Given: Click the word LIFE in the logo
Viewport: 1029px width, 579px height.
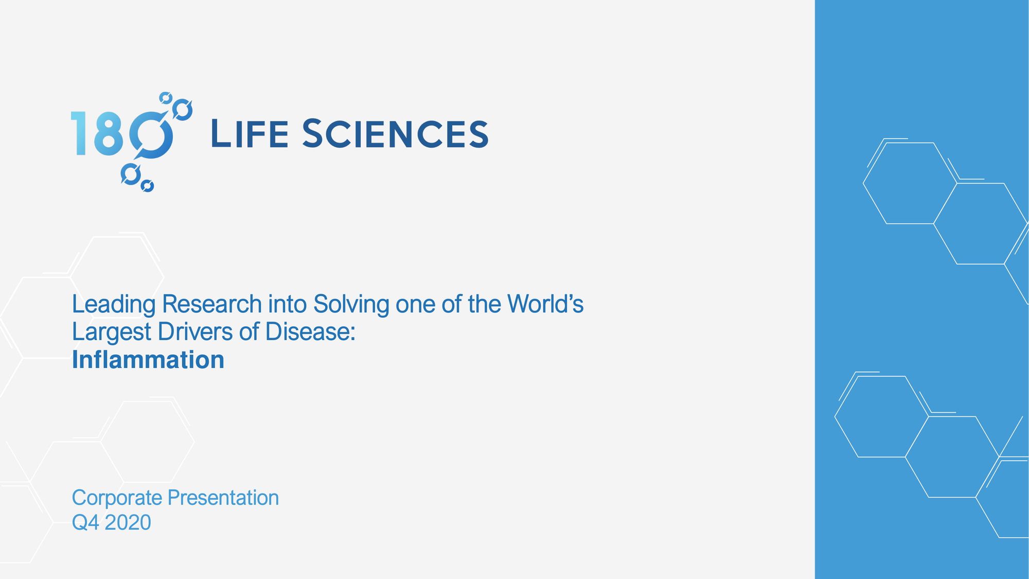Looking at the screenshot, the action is click(x=250, y=134).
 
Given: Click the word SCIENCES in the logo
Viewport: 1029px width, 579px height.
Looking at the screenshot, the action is click(x=395, y=134).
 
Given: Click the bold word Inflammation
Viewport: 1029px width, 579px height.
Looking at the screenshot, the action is click(x=148, y=359).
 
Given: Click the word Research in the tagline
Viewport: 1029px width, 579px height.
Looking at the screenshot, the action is click(x=212, y=304).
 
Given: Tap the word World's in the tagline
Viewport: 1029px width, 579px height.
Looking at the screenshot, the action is click(x=545, y=304).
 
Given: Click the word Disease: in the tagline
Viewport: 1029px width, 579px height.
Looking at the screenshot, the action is click(x=310, y=331).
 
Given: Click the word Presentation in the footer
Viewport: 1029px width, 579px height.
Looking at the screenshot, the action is click(x=223, y=498).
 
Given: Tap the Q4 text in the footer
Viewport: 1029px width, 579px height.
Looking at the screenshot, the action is click(x=85, y=523).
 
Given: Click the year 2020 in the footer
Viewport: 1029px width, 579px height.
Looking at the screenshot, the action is click(x=128, y=522).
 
